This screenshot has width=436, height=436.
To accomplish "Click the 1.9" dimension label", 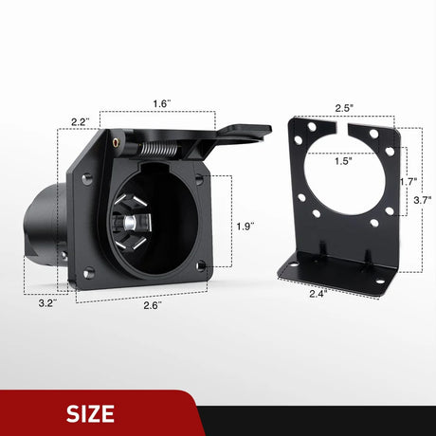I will click(245, 226).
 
